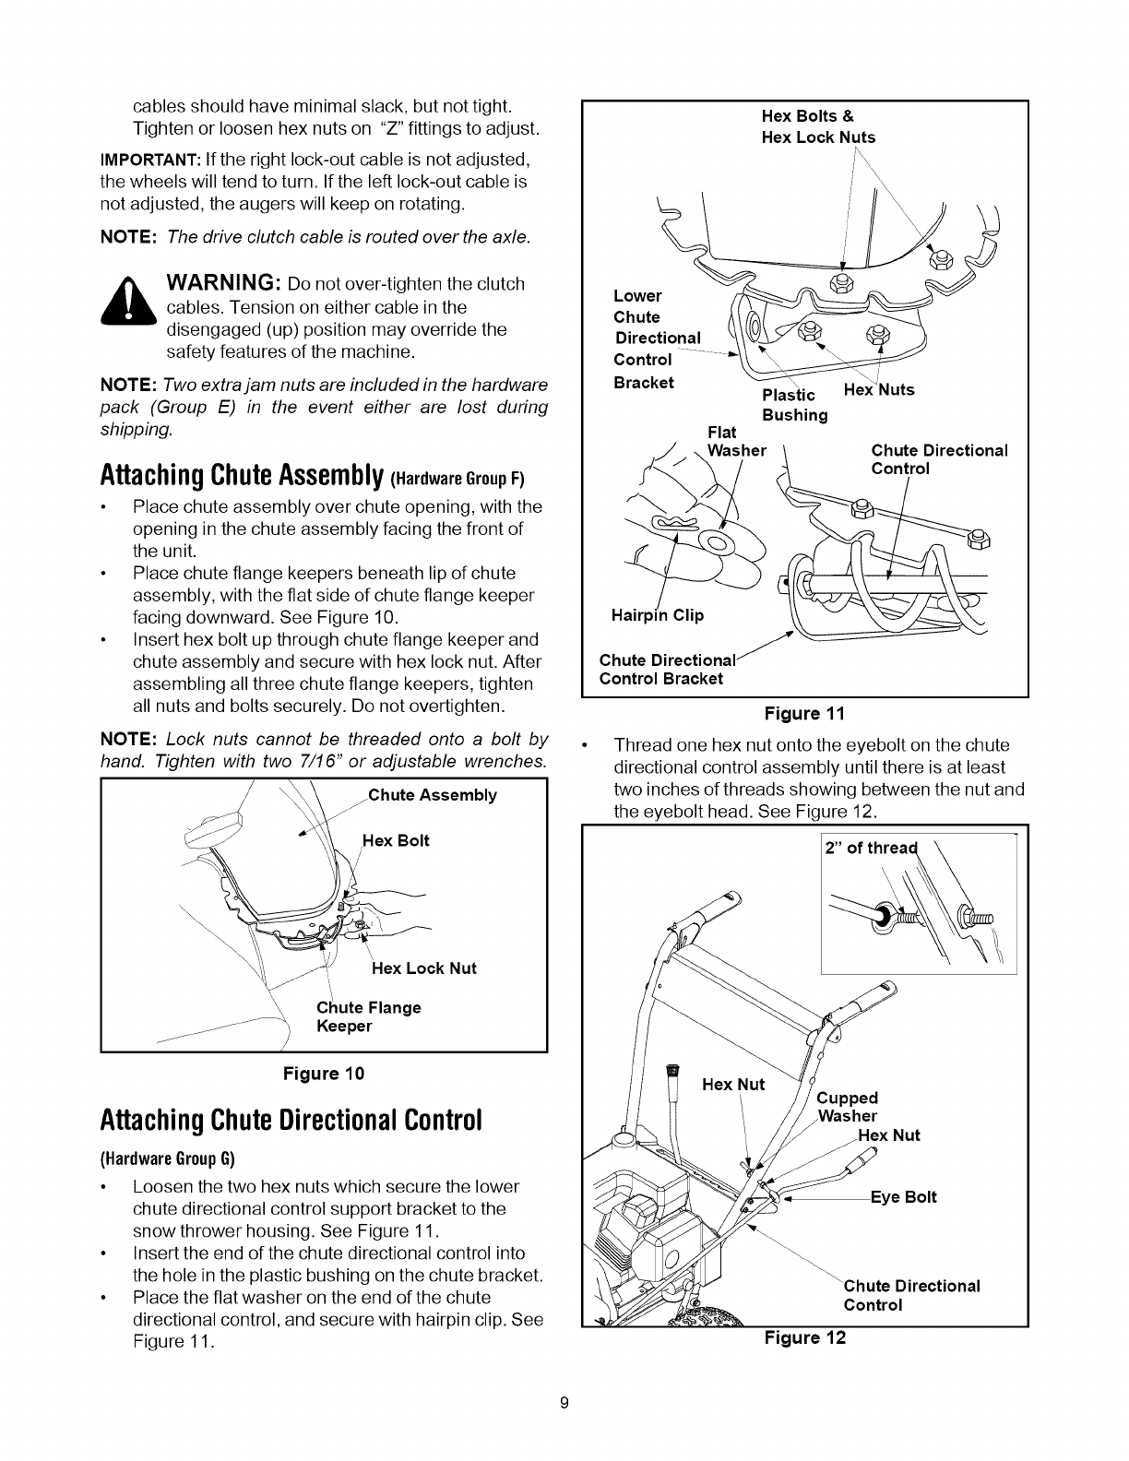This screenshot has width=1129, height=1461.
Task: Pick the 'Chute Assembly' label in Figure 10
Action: point(433,795)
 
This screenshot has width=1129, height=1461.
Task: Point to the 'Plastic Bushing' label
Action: point(793,405)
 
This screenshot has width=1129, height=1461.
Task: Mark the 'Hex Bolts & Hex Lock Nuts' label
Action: point(818,126)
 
